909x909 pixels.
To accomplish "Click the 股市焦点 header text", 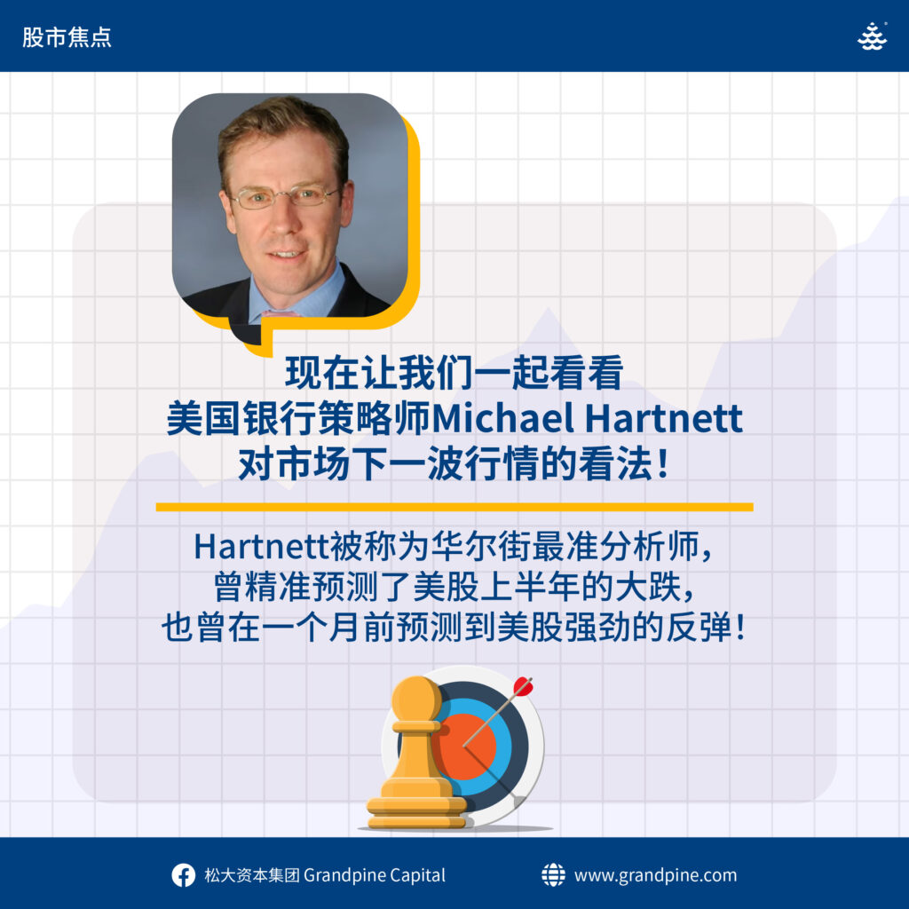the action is pos(67,37).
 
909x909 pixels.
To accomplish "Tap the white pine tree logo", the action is pos(872,36).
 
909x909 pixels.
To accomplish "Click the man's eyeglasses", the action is pos(283,195).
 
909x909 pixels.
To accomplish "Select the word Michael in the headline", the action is pos(503,417).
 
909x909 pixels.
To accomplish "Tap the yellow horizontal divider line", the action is pos(454,507).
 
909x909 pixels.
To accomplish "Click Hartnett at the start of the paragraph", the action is pos(262,546).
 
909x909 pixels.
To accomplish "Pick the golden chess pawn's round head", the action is pos(415,700).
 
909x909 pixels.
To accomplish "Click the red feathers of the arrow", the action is pos(522,686).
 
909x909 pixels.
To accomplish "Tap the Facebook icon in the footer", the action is pos(183,875).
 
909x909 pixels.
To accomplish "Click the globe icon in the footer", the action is pos(553,874).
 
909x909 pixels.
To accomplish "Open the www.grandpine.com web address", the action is pos(656,875).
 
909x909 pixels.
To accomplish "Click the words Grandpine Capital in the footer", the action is pos(375,875).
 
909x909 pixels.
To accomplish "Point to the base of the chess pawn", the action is pos(417,811).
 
